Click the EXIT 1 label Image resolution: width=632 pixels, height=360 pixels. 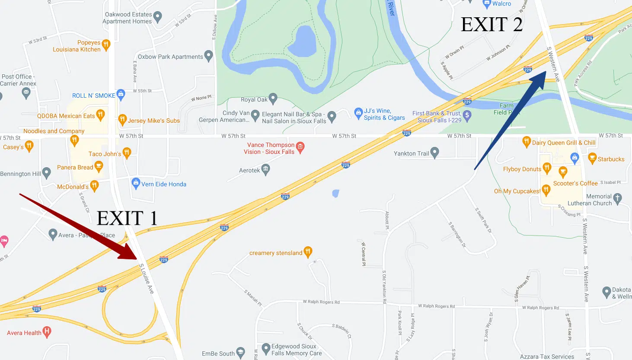(127, 218)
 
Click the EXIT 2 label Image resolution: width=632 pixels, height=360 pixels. (492, 25)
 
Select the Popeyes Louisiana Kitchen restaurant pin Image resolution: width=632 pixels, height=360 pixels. (106, 44)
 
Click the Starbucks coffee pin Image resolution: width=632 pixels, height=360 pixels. (593, 159)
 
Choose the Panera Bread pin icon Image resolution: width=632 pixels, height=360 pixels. (99, 166)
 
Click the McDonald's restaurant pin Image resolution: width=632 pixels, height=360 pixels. (94, 186)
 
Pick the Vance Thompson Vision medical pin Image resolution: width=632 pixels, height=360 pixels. (300, 147)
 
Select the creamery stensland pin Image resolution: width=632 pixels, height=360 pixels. (308, 252)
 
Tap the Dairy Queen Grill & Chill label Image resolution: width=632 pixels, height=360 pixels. (563, 143)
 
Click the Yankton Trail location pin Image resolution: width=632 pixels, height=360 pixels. (435, 152)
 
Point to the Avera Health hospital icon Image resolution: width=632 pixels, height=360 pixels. (47, 331)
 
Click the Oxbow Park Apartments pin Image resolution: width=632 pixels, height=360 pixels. (208, 55)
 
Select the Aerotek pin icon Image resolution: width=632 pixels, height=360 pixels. (266, 169)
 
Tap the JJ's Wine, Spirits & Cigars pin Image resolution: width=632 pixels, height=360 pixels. (358, 113)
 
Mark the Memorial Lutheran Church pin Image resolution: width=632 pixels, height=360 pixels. (617, 198)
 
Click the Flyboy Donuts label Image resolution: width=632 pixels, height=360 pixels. (522, 169)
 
